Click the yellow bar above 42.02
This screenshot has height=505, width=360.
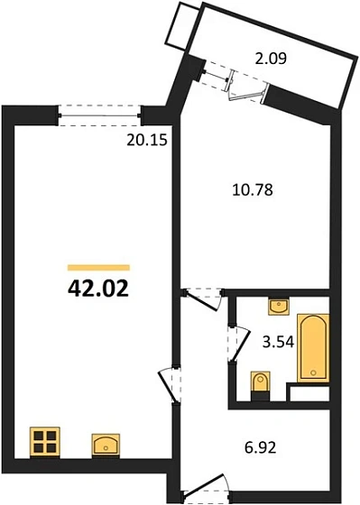tap(99, 267)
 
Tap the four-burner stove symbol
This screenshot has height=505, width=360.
tap(43, 442)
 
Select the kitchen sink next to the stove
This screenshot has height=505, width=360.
tap(106, 444)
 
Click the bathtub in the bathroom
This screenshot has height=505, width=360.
tap(313, 346)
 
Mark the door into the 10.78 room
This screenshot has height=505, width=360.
tap(199, 298)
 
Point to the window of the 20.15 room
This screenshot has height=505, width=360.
tap(99, 111)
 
